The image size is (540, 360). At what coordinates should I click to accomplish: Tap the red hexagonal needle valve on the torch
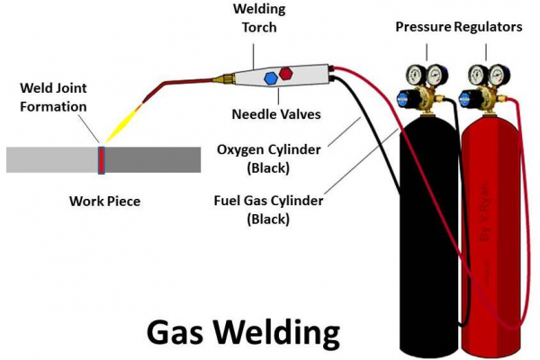tap(287, 71)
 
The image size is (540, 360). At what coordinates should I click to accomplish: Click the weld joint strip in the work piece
tap(102, 159)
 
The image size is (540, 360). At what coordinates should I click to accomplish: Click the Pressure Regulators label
tap(458, 27)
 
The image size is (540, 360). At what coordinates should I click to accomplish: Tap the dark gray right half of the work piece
tap(153, 159)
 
